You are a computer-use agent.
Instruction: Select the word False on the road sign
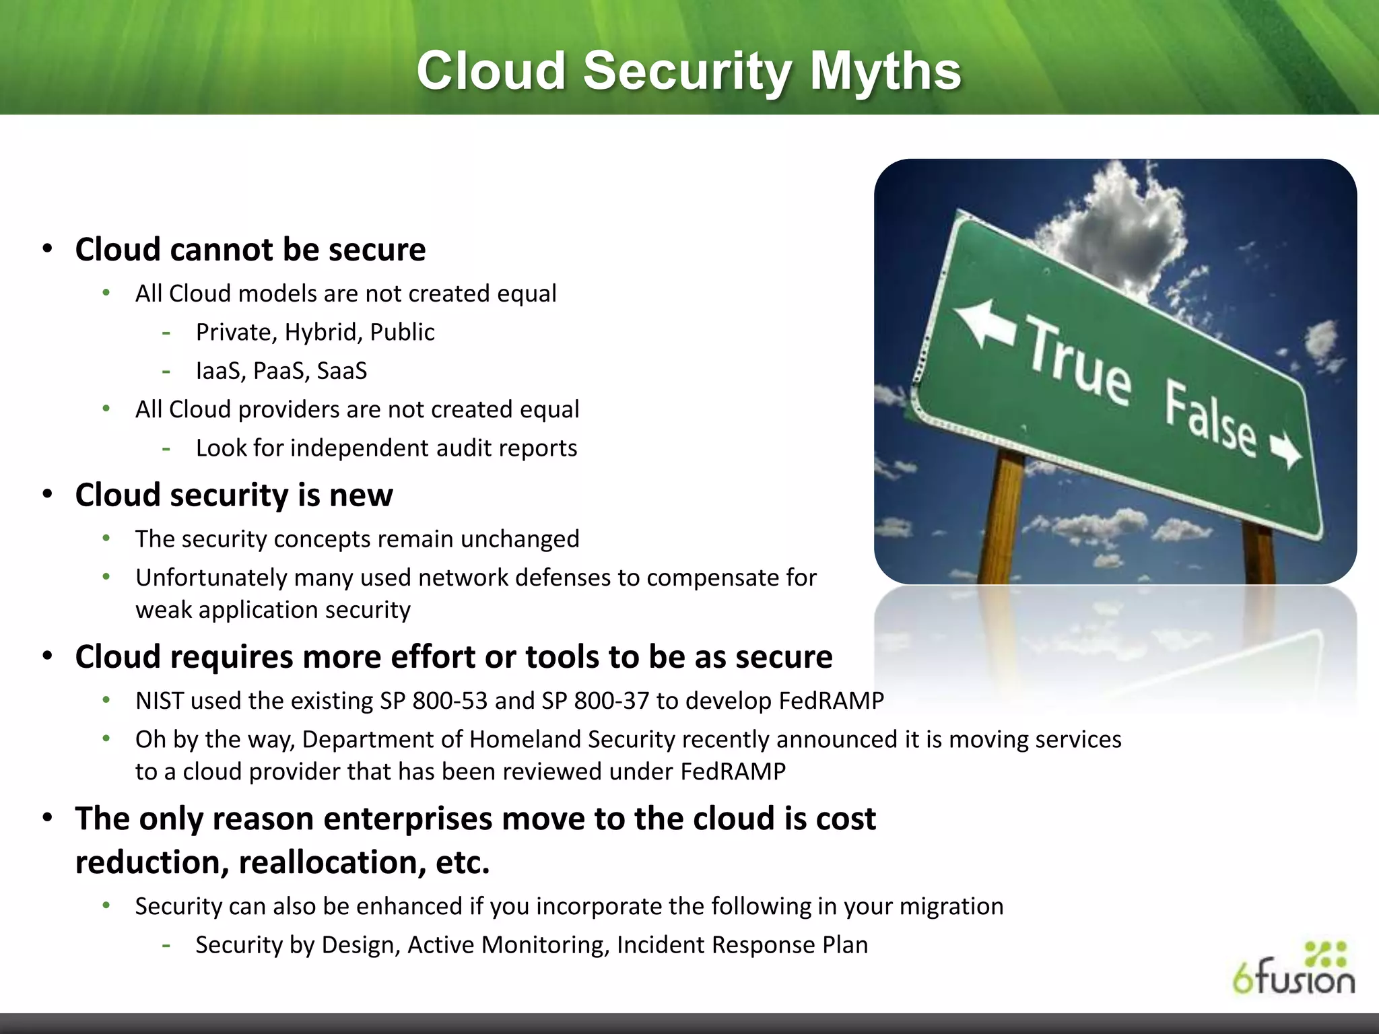1210,419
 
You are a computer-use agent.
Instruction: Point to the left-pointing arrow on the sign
985,322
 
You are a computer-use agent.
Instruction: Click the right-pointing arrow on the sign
1286,450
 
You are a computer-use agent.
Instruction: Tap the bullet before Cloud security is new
47,495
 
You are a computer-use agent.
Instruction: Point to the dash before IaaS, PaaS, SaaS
166,371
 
